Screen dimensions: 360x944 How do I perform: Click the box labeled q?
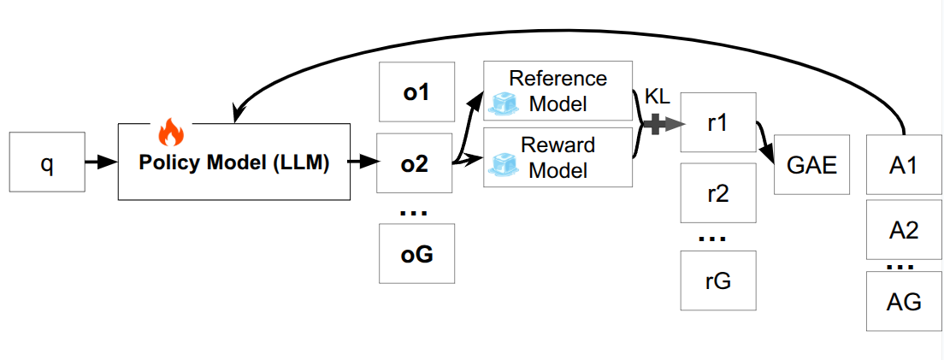click(x=46, y=162)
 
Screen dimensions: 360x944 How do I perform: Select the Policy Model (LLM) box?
click(x=234, y=162)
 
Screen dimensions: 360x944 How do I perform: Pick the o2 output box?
click(x=416, y=162)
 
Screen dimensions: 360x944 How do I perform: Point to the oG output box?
click(x=416, y=254)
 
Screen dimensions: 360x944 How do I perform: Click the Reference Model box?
click(x=558, y=91)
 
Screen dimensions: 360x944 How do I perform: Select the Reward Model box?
click(x=558, y=157)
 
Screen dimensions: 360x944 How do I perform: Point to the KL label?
click(x=657, y=97)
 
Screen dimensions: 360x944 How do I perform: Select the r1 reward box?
click(x=717, y=123)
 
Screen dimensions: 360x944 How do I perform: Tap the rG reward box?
click(x=717, y=280)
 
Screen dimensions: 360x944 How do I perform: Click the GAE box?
click(x=811, y=163)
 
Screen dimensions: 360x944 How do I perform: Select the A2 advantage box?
click(x=904, y=229)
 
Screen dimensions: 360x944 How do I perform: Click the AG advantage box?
click(x=904, y=301)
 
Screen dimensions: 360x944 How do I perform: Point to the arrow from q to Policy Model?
click(x=100, y=162)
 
